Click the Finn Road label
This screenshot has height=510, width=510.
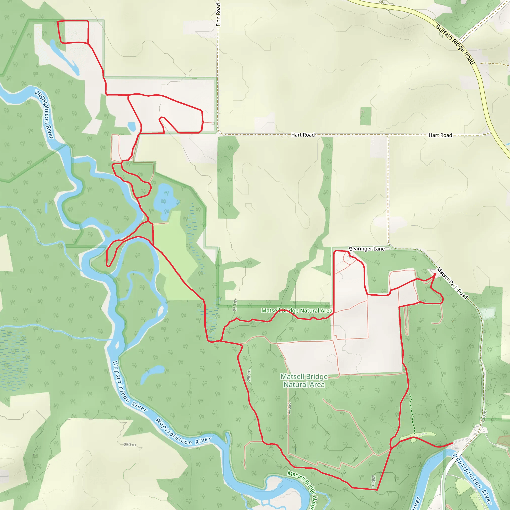(218, 14)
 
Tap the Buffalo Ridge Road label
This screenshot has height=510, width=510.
(455, 44)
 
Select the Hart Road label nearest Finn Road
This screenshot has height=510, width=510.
(303, 135)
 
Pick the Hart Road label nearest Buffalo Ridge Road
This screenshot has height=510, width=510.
(440, 135)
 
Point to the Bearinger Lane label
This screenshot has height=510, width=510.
(367, 249)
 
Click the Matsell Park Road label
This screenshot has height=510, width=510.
(452, 283)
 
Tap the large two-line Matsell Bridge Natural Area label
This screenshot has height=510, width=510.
(304, 381)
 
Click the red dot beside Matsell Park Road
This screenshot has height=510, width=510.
(435, 274)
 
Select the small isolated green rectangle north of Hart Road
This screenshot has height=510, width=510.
(366, 116)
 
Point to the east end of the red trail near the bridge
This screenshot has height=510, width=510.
(452, 443)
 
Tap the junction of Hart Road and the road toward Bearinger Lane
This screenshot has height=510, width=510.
(388, 135)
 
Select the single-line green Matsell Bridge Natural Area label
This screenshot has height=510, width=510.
(297, 311)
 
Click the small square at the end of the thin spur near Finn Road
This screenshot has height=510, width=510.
(213, 123)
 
